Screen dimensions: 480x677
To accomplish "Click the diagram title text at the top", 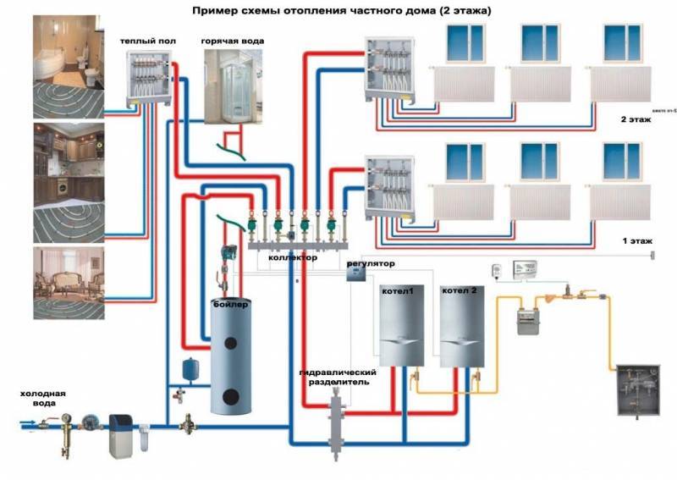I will (x=341, y=11).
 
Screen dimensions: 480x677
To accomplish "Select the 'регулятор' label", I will (x=371, y=264).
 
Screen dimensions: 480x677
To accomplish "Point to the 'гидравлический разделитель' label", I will (x=338, y=377).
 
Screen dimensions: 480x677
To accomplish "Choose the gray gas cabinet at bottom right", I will (x=637, y=389).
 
